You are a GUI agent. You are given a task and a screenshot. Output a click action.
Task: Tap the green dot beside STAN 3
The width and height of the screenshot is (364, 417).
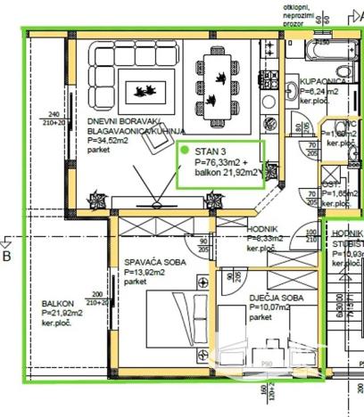[x=185, y=151]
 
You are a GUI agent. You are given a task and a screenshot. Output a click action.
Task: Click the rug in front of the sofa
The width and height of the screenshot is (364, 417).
[x=145, y=89]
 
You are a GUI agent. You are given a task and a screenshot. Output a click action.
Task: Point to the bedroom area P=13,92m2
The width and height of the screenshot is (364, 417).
[x=145, y=272]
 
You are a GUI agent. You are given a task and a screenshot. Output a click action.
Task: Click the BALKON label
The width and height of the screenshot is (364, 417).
[x=58, y=303]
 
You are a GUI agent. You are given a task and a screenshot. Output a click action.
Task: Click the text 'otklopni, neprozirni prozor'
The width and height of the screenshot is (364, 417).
[x=299, y=16]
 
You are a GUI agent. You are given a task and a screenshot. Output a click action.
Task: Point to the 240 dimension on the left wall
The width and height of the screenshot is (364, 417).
[x=53, y=114]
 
